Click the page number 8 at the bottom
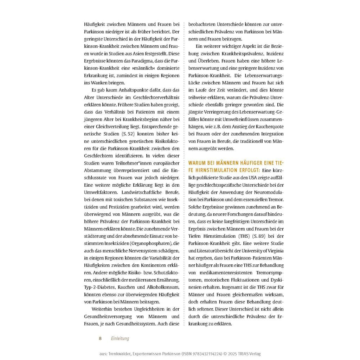click(x=100, y=339)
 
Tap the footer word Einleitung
click(x=120, y=339)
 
